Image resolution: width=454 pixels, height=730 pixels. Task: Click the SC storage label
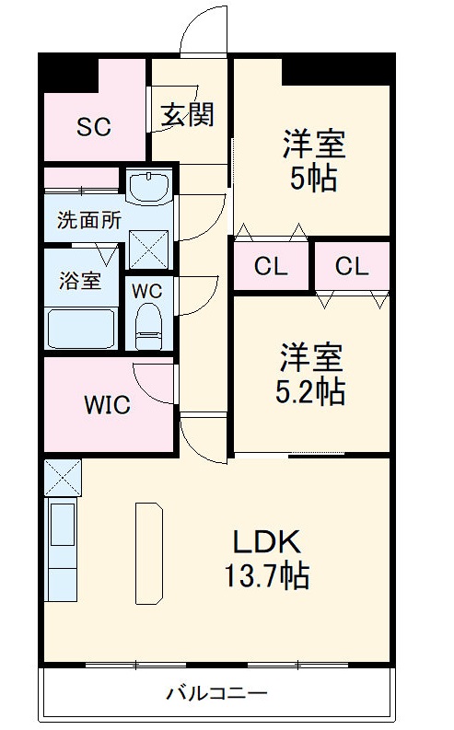94,127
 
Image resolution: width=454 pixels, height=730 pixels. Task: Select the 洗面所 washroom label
88,221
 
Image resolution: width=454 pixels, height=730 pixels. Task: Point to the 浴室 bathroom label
80,281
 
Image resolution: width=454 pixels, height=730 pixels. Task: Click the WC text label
147,290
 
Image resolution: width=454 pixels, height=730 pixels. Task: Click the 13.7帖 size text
266,576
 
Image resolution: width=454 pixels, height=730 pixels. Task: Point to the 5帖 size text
313,178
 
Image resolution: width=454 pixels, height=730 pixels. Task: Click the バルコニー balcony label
216,692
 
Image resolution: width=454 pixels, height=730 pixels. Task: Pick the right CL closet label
352,267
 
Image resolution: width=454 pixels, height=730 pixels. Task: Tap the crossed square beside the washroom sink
148,248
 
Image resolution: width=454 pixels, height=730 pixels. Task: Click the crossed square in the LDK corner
63,477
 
